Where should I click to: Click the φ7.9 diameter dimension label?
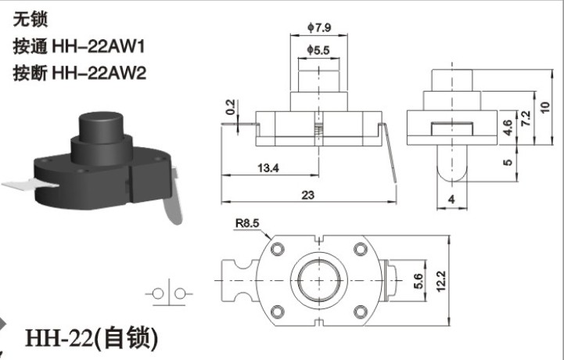(x=319, y=27)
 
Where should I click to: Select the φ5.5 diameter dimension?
(x=318, y=50)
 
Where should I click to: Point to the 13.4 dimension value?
(x=268, y=167)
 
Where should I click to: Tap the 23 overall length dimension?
(x=308, y=195)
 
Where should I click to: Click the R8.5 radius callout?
(x=247, y=223)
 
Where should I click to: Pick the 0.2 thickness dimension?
(x=230, y=107)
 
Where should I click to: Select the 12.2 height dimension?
(x=441, y=281)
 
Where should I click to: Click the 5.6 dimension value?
(x=419, y=281)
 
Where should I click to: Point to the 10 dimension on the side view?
(x=545, y=107)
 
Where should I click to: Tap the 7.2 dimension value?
(x=526, y=118)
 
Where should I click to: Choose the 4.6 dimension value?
(x=507, y=128)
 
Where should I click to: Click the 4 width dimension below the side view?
(x=452, y=199)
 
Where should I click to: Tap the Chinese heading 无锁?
(x=31, y=19)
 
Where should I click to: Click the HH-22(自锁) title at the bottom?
(x=92, y=337)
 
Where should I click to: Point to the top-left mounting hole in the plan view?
(x=278, y=249)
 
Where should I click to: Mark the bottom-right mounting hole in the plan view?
(x=361, y=311)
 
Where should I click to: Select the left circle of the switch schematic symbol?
(x=158, y=293)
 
